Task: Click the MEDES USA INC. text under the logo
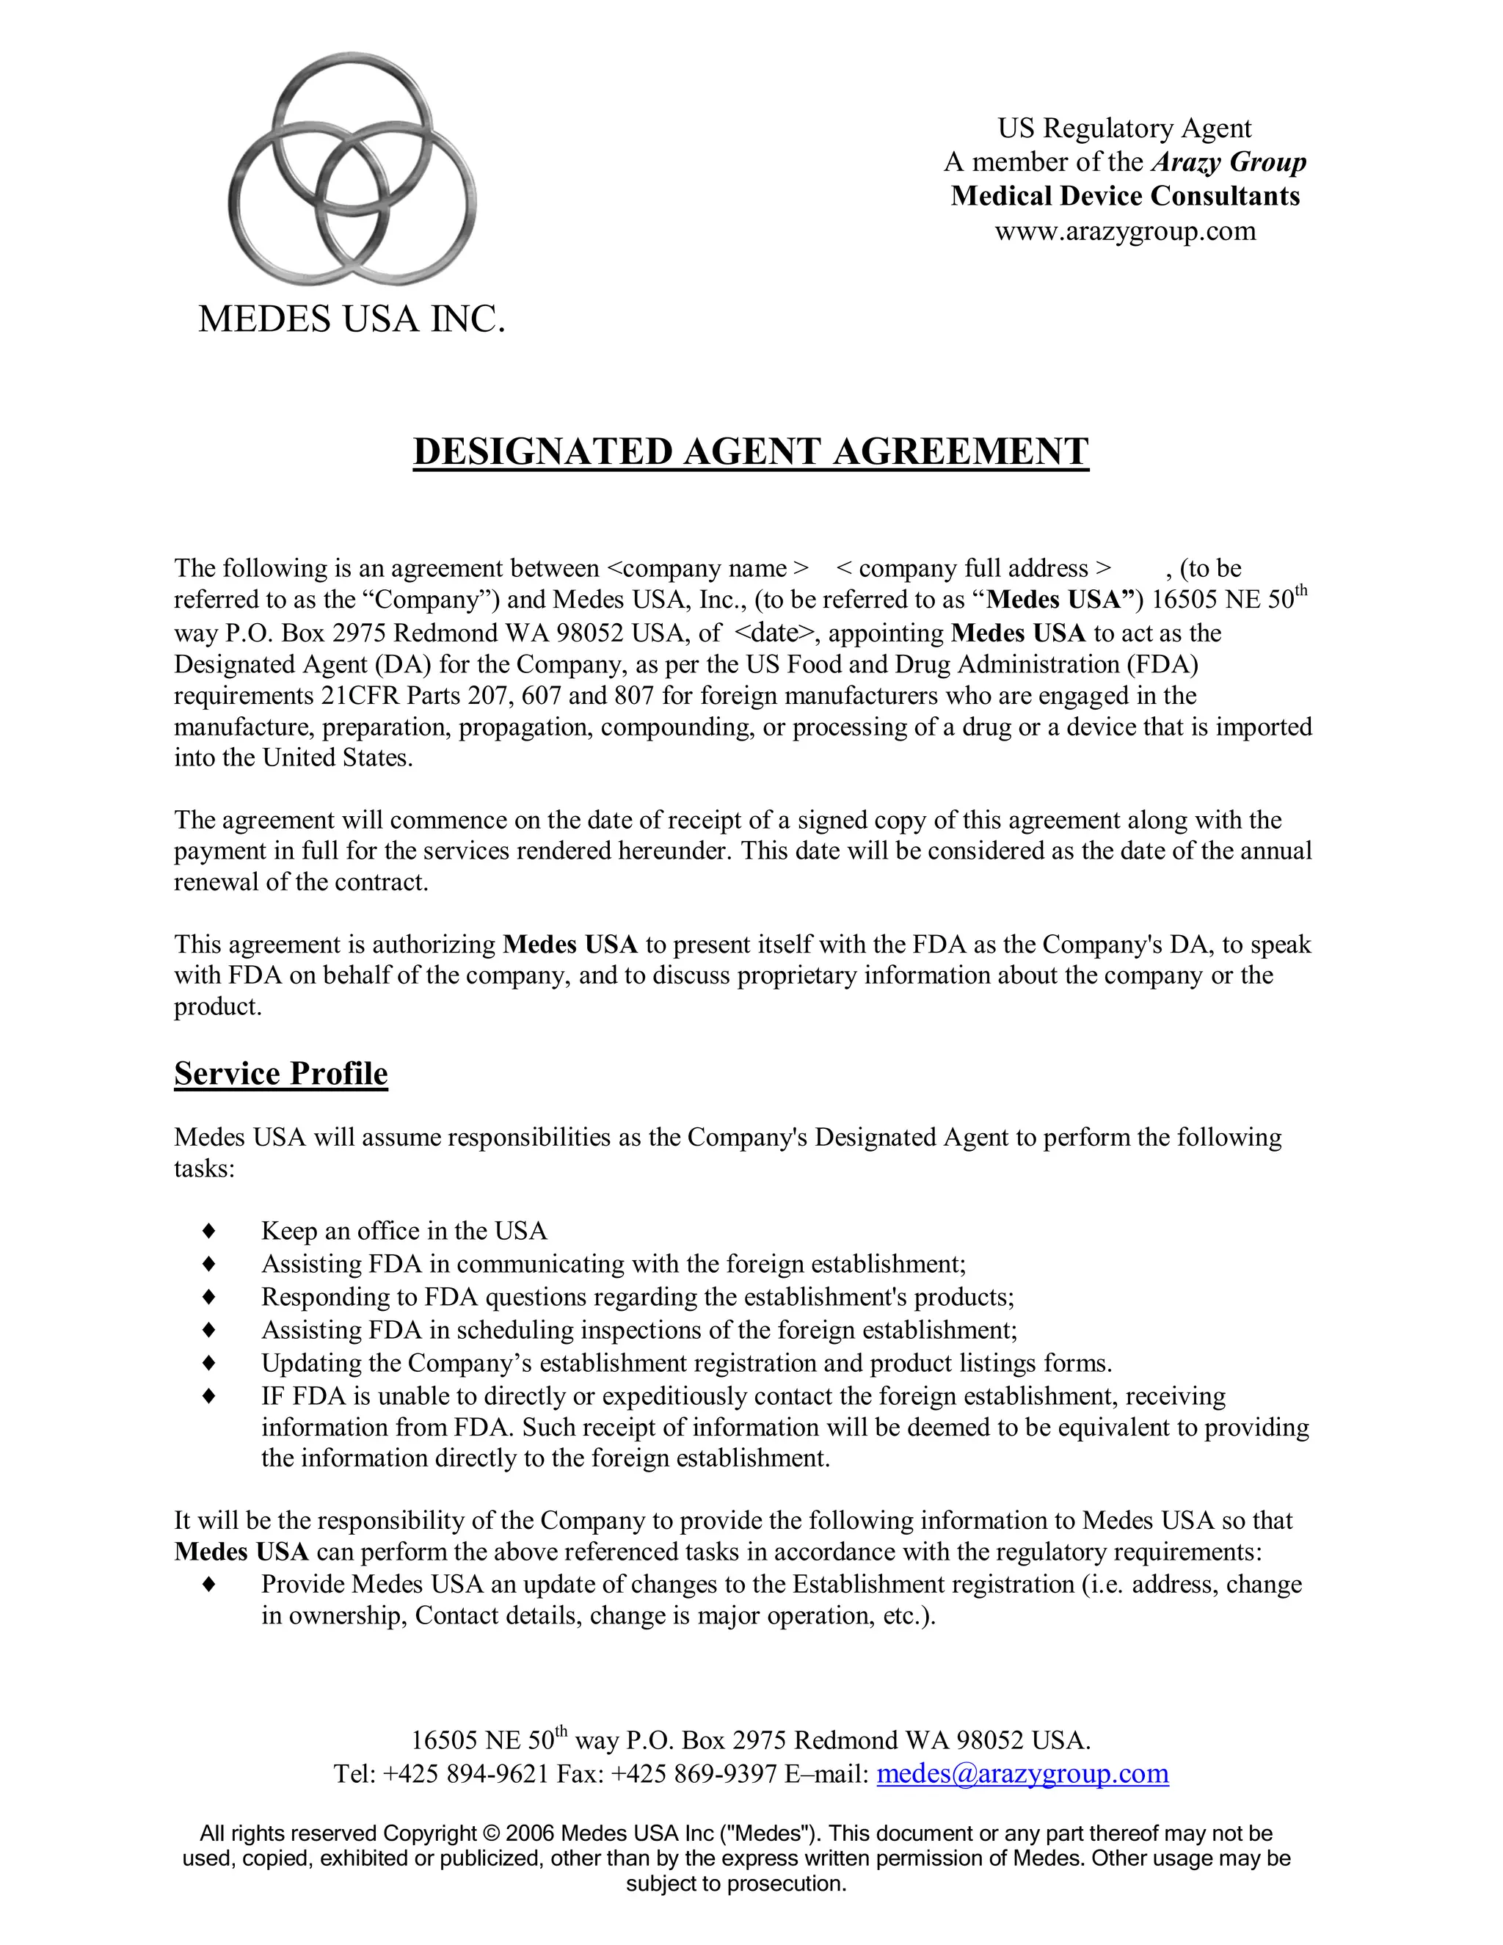tap(352, 319)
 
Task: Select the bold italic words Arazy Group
tap(1229, 162)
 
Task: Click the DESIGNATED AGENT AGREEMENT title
tap(751, 451)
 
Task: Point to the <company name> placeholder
tap(708, 568)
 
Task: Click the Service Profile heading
tap(280, 1073)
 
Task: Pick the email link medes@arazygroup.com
tap(1022, 1774)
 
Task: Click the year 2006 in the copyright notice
tap(530, 1833)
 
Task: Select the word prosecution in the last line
tap(785, 1883)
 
